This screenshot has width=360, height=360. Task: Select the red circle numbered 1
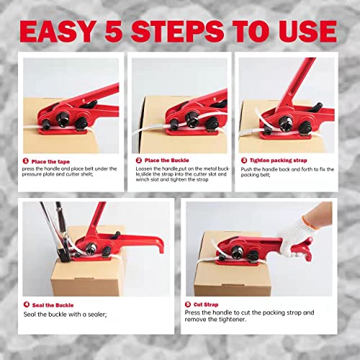click(x=26, y=161)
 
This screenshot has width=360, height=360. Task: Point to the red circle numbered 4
click(x=26, y=305)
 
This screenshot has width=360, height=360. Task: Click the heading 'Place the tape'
click(x=54, y=161)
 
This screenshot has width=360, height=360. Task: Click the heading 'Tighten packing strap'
click(x=282, y=161)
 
